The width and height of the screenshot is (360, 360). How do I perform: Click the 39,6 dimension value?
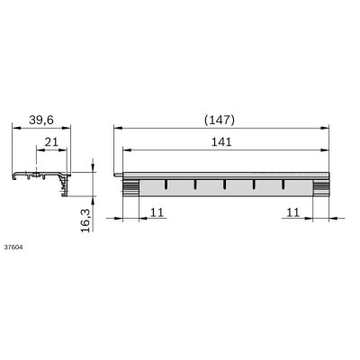40,121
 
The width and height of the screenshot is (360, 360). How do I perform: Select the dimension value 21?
52,142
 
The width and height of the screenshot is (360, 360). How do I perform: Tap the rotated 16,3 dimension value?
85,219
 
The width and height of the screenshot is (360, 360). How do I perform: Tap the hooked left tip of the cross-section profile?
13,175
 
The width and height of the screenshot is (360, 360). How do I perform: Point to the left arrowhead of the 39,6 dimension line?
13,130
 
